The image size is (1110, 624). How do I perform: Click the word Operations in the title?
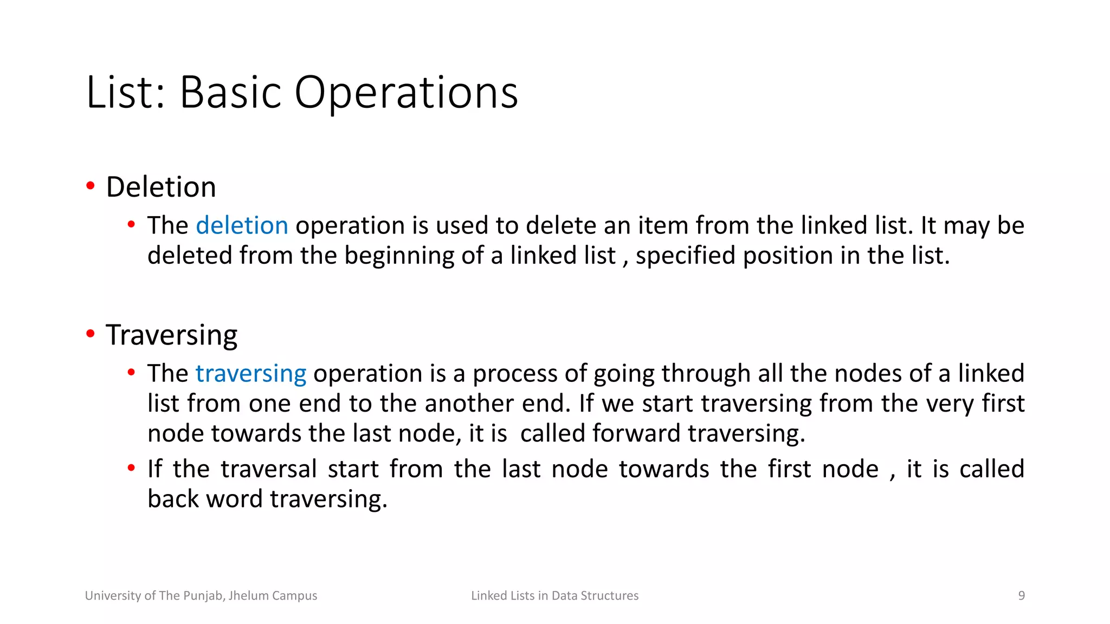(406, 93)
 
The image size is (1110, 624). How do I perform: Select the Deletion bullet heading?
(161, 187)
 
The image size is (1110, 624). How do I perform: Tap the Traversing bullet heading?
(171, 335)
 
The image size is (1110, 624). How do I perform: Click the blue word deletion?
(242, 226)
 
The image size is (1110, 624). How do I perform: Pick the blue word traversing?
(251, 374)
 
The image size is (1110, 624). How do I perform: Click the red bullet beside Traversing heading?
(91, 334)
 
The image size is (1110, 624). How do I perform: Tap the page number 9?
(1021, 596)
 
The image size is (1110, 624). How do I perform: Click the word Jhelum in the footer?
(248, 596)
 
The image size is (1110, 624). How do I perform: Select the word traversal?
(268, 469)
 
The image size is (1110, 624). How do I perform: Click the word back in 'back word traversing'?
(173, 499)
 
